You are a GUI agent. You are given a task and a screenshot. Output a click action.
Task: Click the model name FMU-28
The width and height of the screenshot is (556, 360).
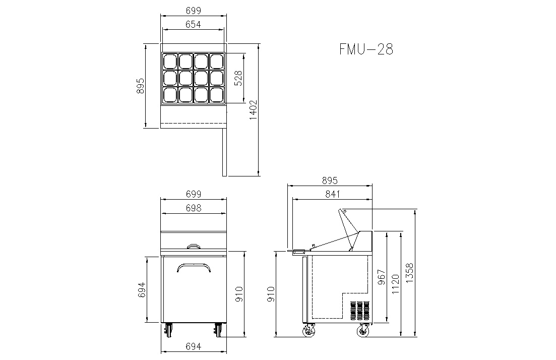[366, 49]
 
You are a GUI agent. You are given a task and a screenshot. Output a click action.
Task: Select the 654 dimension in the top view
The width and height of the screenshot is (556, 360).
[193, 24]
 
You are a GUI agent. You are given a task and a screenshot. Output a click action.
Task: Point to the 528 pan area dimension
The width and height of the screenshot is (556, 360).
[238, 78]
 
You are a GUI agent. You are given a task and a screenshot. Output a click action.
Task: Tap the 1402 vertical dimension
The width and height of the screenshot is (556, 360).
[253, 109]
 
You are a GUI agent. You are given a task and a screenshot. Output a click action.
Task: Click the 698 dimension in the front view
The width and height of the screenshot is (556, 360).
[194, 208]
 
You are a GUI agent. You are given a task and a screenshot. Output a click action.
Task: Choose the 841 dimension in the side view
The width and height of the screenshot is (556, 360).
[332, 194]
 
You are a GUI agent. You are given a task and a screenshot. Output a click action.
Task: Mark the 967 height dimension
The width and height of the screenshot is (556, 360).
[381, 277]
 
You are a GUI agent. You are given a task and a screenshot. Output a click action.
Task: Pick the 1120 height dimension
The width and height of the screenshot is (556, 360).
[395, 284]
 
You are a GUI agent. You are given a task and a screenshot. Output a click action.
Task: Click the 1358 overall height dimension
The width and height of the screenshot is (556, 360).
[409, 273]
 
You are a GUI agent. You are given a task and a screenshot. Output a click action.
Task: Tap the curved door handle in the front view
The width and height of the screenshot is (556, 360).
[194, 265]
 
